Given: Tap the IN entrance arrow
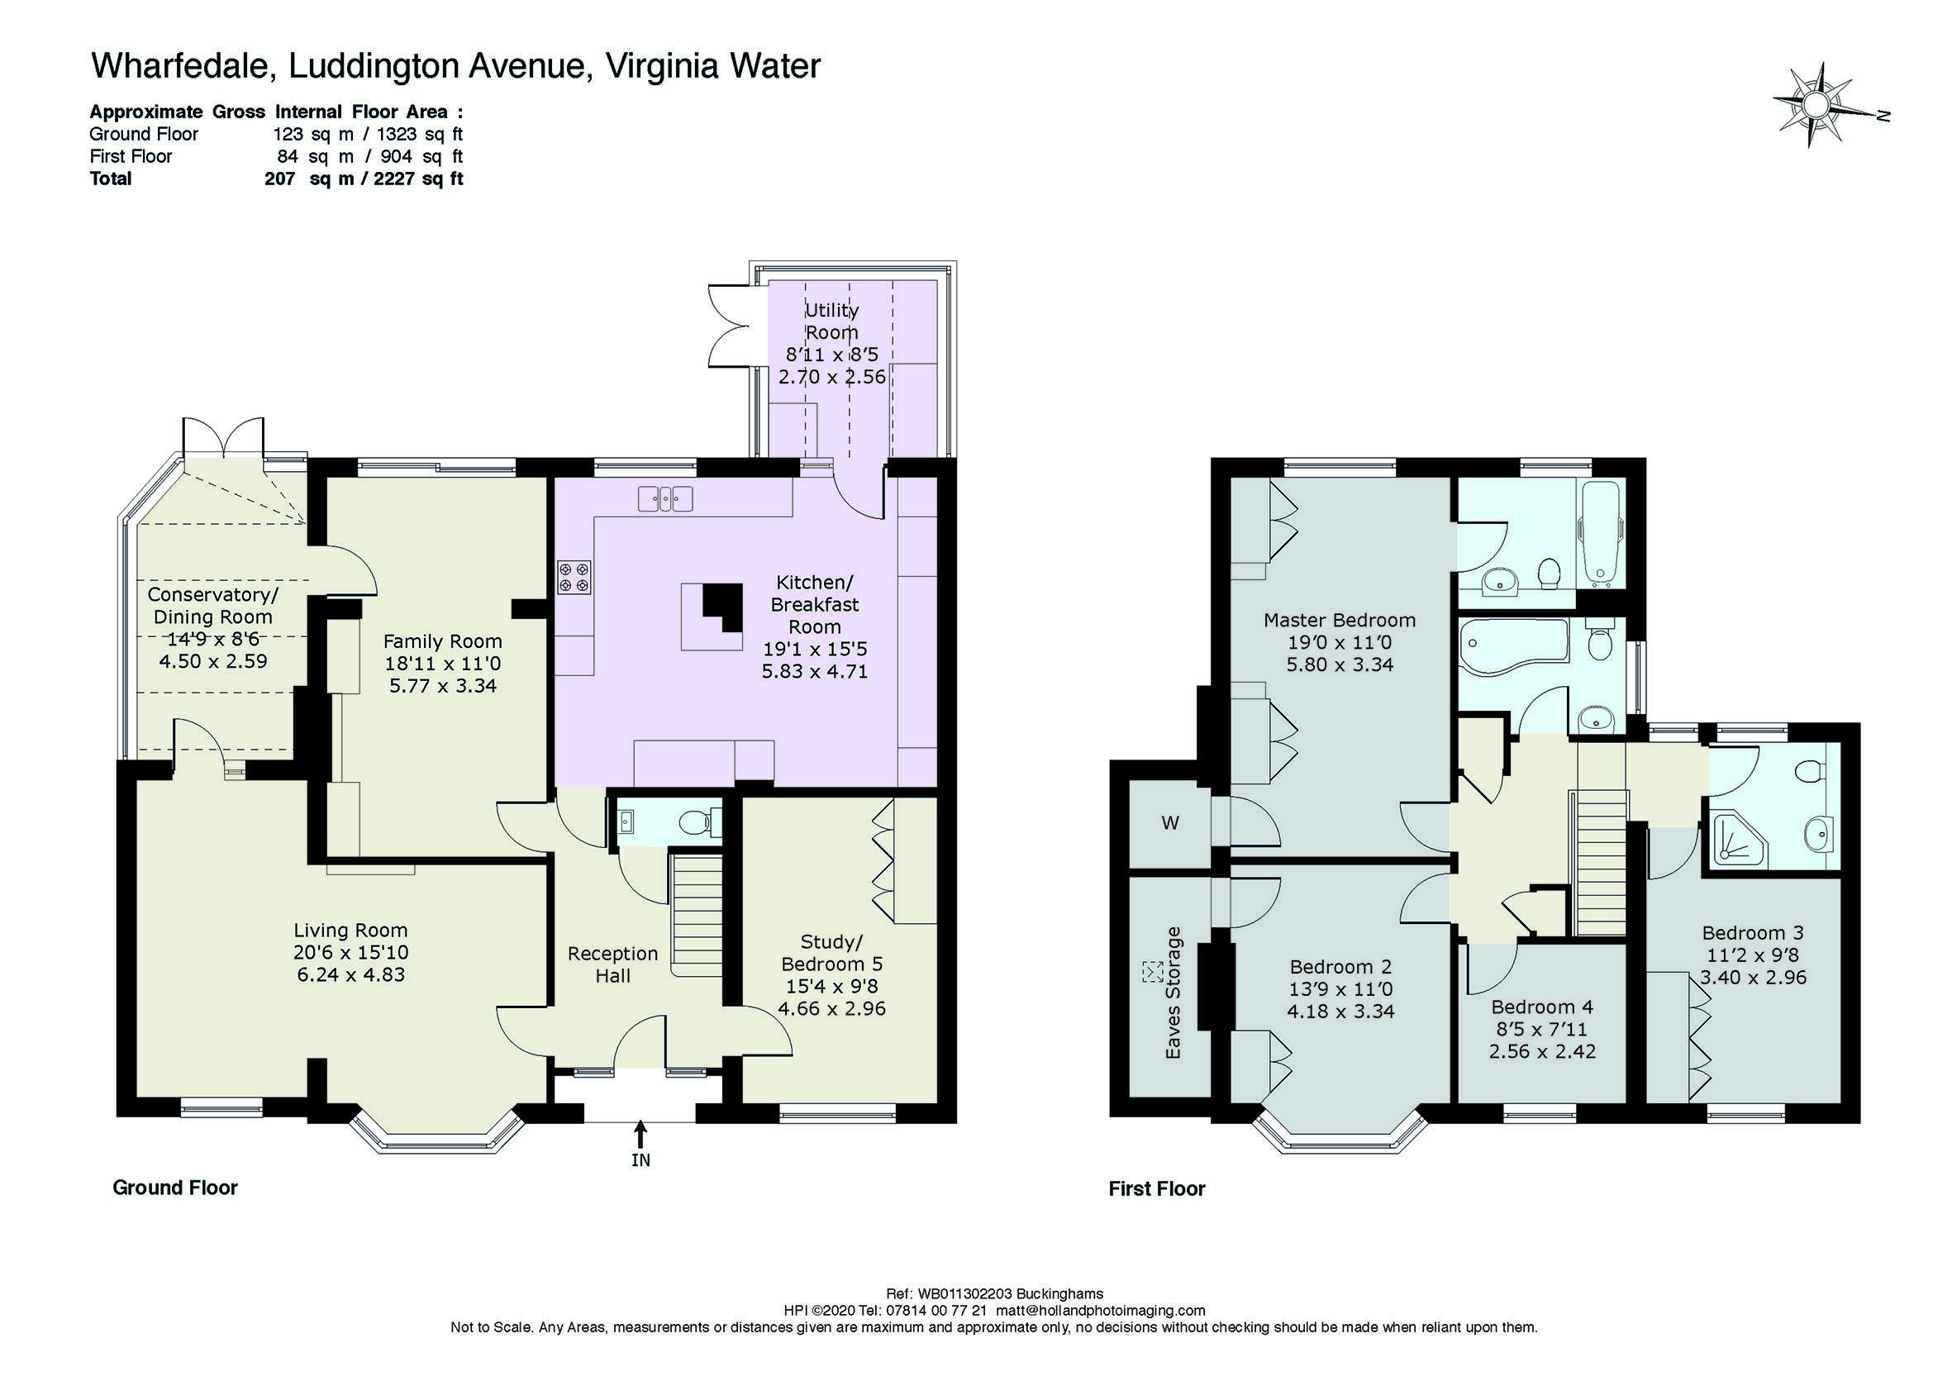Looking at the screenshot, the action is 640,1136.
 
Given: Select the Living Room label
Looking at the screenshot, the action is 350,931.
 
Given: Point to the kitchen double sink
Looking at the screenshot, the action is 667,498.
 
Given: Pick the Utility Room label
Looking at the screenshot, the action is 831,321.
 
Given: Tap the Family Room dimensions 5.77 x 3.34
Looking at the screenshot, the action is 442,685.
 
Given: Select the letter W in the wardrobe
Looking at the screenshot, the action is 1170,823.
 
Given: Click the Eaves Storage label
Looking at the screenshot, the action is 1174,993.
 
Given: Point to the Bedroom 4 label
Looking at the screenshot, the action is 1542,1007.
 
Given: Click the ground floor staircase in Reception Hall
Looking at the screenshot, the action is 697,917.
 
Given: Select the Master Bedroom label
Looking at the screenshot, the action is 1339,620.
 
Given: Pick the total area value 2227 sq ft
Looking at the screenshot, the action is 418,179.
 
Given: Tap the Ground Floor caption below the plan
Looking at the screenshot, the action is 175,1188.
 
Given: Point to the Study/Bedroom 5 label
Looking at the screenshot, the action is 831,953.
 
